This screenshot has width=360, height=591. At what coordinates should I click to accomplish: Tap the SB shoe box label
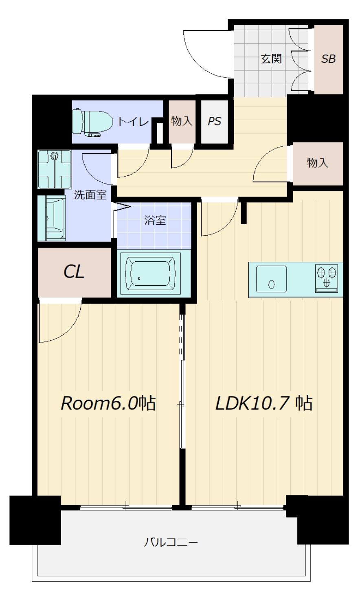[328, 59]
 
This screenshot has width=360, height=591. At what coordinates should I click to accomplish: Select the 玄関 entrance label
[271, 59]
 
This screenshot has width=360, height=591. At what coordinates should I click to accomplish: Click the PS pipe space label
[215, 121]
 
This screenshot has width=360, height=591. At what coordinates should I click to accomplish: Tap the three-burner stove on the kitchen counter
[326, 278]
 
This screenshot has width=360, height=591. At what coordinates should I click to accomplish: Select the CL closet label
[74, 272]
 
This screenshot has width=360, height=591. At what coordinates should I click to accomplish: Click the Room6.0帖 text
[108, 403]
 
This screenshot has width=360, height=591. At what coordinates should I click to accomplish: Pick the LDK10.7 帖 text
[263, 403]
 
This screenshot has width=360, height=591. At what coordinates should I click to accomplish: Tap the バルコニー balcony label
[171, 542]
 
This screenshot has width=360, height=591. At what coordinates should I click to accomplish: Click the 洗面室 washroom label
[90, 195]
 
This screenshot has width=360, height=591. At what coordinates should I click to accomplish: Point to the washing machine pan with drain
[55, 169]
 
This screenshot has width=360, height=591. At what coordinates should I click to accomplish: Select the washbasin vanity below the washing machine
[52, 219]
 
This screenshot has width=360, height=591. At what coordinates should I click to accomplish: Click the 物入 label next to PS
[182, 121]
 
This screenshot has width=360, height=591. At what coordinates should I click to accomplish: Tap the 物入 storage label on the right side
[318, 163]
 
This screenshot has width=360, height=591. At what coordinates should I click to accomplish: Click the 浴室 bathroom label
[155, 221]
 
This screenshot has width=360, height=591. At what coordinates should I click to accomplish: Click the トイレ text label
[133, 122]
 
